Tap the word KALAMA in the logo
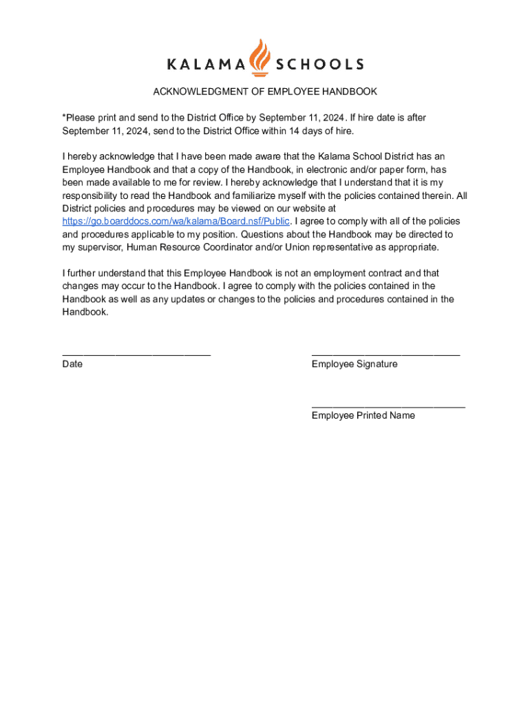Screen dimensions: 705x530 [x=206, y=65]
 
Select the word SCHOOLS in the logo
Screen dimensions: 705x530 [x=319, y=65]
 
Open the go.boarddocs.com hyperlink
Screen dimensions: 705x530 [x=176, y=221]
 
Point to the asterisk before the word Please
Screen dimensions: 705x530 [x=64, y=118]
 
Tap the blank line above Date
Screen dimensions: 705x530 [x=136, y=353]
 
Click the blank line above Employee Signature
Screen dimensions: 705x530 [x=385, y=353]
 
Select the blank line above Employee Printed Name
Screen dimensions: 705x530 [x=388, y=405]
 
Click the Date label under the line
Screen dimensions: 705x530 [x=72, y=364]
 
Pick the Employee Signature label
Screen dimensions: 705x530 [x=354, y=364]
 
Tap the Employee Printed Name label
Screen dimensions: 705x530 [x=363, y=415]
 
